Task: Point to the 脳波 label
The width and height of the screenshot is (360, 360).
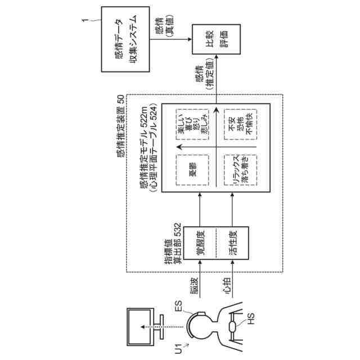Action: coord(195,287)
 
